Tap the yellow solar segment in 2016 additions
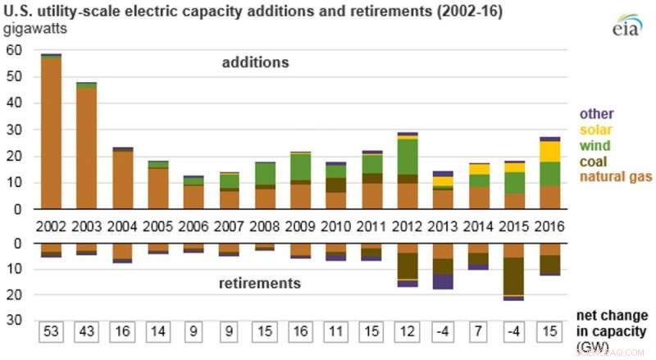[x=549, y=152]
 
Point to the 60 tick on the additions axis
[x=13, y=50]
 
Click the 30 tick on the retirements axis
[x=13, y=321]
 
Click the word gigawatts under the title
[x=34, y=30]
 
